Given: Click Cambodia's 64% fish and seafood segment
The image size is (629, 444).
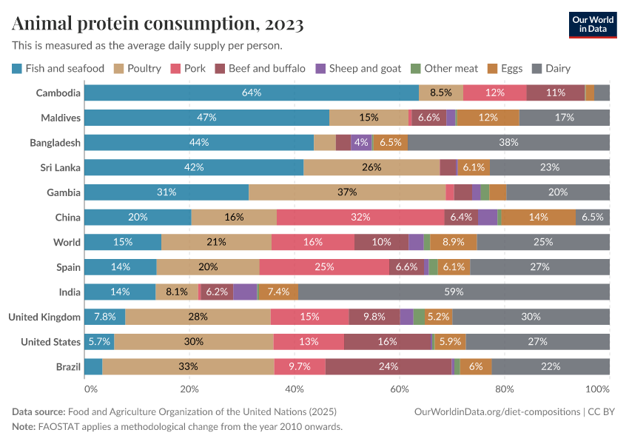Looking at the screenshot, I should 252,92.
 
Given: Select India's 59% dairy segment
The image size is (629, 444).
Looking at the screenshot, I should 454,292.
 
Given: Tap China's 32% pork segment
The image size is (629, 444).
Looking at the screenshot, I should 360,217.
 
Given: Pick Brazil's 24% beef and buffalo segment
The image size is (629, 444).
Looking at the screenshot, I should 388,366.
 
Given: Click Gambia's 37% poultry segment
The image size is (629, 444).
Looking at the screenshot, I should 347,192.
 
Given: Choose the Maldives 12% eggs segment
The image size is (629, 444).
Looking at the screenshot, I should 488,118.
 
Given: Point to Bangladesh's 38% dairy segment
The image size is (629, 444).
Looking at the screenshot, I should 508,142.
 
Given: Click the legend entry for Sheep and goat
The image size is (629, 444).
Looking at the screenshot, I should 365,69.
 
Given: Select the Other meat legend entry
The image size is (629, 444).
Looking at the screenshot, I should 451,69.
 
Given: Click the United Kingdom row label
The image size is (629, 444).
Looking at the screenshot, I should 44,317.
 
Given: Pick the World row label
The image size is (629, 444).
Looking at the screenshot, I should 67,242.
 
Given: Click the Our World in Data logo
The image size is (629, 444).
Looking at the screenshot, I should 593,24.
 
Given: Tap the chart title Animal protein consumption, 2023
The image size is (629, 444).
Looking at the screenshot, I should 158,24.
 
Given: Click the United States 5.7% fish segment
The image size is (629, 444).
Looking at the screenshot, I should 99,342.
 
